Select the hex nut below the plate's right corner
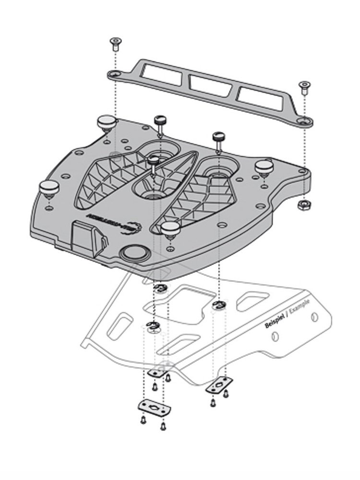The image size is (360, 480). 304,205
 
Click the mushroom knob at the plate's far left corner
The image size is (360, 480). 48,188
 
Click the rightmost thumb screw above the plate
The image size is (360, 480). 219,137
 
